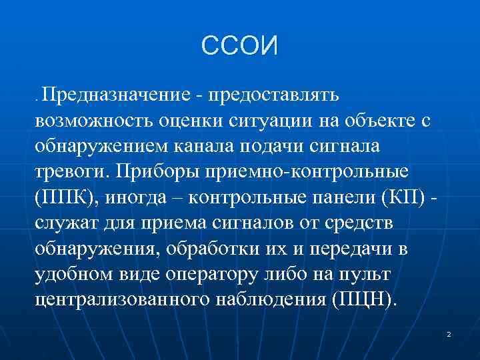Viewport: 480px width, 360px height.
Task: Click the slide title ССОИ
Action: pyautogui.click(x=239, y=46)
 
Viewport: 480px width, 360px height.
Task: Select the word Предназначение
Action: pyautogui.click(x=117, y=95)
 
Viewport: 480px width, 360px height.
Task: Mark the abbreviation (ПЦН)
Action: pyautogui.click(x=362, y=299)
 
